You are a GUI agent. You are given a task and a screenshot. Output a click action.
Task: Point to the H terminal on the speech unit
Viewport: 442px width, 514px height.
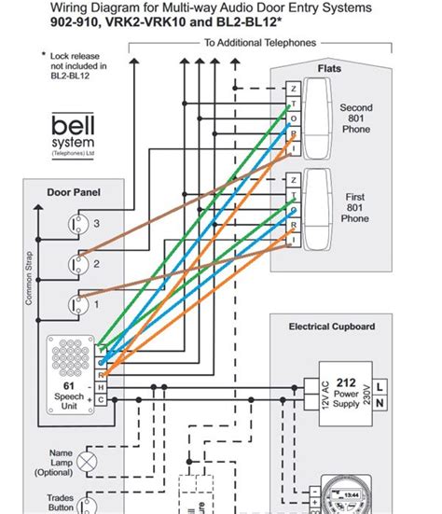(101, 385)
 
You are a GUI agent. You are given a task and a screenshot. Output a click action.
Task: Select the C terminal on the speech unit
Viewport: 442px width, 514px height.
(101, 398)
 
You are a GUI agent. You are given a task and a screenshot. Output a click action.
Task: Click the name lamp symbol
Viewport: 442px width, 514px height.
(89, 462)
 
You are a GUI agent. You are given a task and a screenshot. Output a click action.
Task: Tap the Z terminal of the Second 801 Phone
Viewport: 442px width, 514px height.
(295, 89)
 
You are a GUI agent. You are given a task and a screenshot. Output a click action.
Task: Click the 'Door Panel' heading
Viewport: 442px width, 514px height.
(73, 194)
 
